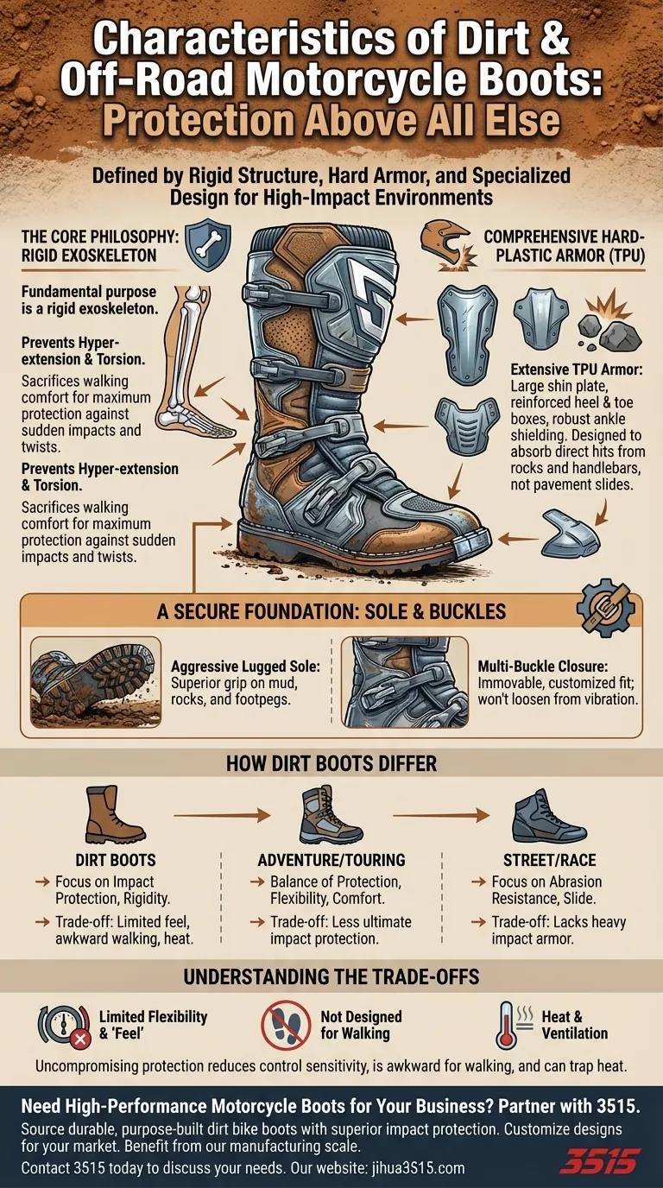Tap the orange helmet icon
[444, 243]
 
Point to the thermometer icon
[508, 1025]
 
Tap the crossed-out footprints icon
[286, 1025]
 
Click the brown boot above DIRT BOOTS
[113, 815]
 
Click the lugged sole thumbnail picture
[96, 682]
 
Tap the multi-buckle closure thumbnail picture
[405, 682]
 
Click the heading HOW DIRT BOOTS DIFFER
[331, 763]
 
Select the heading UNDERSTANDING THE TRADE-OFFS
[331, 976]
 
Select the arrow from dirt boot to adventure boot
[222, 815]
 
